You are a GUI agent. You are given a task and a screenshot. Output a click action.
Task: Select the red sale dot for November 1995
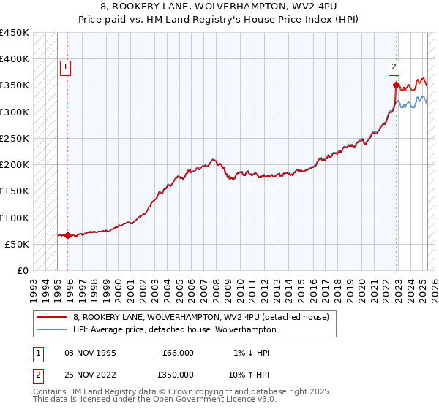click(x=67, y=235)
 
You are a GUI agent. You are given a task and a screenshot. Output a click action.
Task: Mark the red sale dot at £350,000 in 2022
click(x=396, y=85)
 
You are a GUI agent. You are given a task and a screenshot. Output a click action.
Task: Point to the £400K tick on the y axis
click(x=15, y=59)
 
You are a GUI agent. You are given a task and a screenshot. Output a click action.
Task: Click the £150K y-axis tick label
click(x=15, y=191)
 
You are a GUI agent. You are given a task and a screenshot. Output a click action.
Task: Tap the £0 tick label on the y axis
click(x=23, y=270)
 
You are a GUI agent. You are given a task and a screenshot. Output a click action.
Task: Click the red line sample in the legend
click(x=51, y=317)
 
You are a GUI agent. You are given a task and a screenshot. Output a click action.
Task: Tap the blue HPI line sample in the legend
click(x=51, y=329)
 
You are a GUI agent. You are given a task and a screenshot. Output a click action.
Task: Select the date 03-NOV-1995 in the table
click(x=90, y=353)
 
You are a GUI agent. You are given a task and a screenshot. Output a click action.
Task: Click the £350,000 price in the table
click(x=178, y=373)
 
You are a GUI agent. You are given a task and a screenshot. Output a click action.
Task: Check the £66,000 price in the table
click(x=178, y=353)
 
